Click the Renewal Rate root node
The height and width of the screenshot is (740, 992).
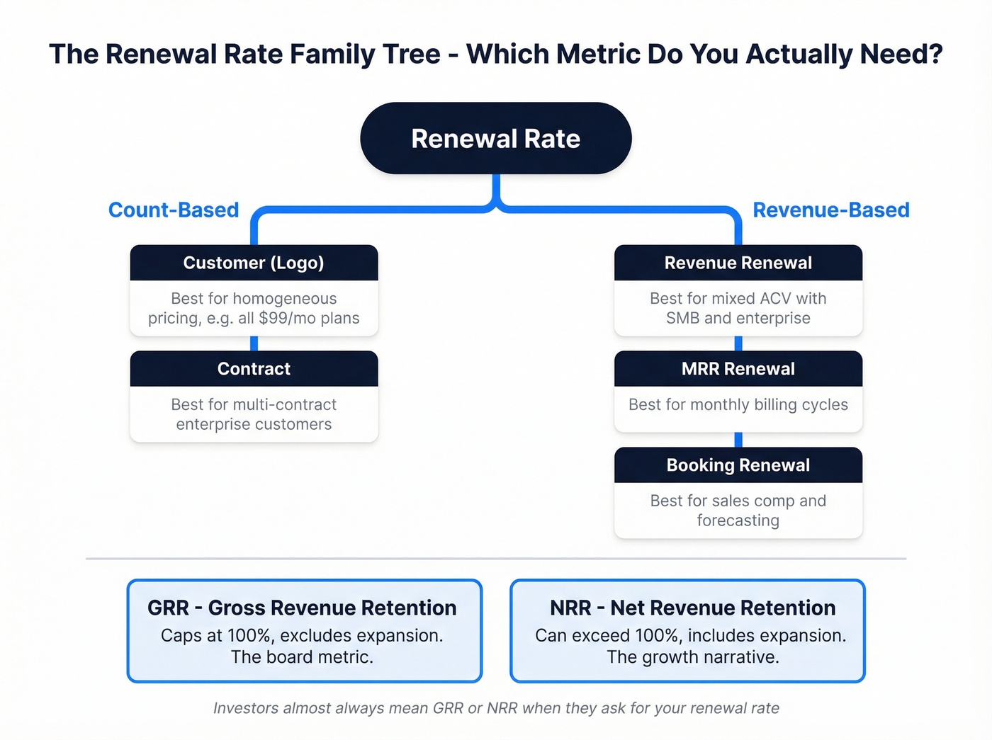[x=495, y=139]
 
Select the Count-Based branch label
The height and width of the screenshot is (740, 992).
[x=174, y=210]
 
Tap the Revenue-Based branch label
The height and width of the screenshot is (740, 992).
[x=830, y=210]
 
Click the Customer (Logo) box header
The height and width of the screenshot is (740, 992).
[x=254, y=263]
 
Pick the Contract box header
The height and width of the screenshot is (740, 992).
[x=254, y=369]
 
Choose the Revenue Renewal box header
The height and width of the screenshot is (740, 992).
[x=738, y=263]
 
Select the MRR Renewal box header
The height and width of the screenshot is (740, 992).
[x=738, y=369]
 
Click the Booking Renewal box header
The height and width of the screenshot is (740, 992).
[x=738, y=465]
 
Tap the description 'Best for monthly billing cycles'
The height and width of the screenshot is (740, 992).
[x=738, y=405]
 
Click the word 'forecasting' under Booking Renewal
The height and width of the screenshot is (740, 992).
[x=738, y=521]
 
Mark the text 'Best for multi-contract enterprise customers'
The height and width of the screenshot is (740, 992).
[x=254, y=414]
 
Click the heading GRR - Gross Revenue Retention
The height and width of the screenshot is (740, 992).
[x=302, y=608]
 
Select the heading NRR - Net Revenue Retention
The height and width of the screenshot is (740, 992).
[x=692, y=608]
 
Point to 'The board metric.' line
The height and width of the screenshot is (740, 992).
[x=302, y=657]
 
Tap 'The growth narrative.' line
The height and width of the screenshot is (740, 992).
[x=692, y=657]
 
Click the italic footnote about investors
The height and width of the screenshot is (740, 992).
[x=496, y=708]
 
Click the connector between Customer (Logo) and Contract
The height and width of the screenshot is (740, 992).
[x=254, y=343]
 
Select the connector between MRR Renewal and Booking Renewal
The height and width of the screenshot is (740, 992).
[x=738, y=440]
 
